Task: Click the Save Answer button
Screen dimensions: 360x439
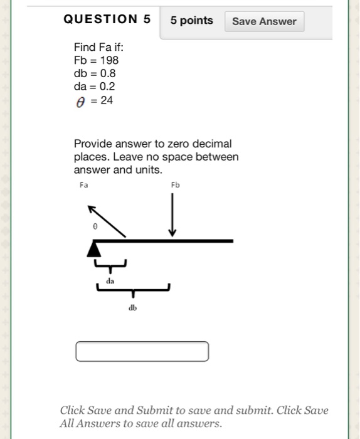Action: point(264,21)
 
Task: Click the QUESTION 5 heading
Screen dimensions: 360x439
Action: point(107,19)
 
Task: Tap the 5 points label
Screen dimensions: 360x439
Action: point(192,21)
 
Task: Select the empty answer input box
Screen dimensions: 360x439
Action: point(142,351)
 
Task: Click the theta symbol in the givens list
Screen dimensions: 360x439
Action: point(79,100)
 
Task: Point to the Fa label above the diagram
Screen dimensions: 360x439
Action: point(84,185)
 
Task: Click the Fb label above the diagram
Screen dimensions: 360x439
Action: point(175,185)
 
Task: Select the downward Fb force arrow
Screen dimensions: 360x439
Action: point(172,216)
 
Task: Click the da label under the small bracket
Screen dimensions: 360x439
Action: point(110,282)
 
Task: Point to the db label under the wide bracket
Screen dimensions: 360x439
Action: point(132,308)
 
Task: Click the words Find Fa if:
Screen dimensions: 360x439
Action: point(94,47)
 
